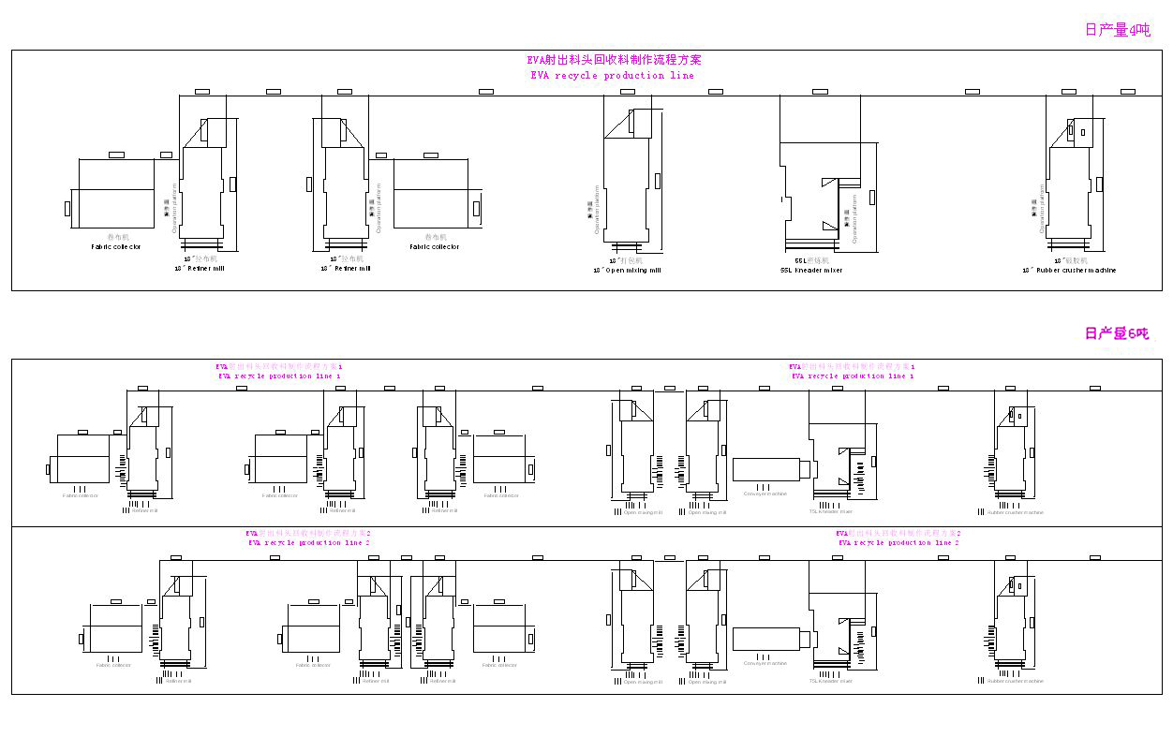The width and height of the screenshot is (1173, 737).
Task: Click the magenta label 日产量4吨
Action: pyautogui.click(x=1117, y=30)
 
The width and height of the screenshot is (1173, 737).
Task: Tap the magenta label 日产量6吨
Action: pyautogui.click(x=1116, y=333)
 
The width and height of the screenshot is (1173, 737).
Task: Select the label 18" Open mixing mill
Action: pyautogui.click(x=627, y=271)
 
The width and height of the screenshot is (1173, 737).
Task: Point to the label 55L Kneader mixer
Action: pyautogui.click(x=811, y=271)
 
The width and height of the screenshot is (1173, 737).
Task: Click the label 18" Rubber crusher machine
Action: pyautogui.click(x=1069, y=271)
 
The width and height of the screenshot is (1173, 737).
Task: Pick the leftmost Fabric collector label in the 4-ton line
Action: pyautogui.click(x=116, y=247)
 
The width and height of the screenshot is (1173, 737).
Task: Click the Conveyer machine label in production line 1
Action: pyautogui.click(x=765, y=494)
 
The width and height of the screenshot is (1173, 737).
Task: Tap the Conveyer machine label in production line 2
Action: pyautogui.click(x=765, y=663)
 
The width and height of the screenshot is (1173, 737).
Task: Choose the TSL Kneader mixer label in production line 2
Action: pyautogui.click(x=831, y=681)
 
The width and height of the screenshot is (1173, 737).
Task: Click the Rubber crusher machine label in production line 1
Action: pyautogui.click(x=1015, y=512)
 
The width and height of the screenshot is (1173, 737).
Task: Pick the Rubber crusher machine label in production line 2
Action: pyautogui.click(x=1015, y=681)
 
